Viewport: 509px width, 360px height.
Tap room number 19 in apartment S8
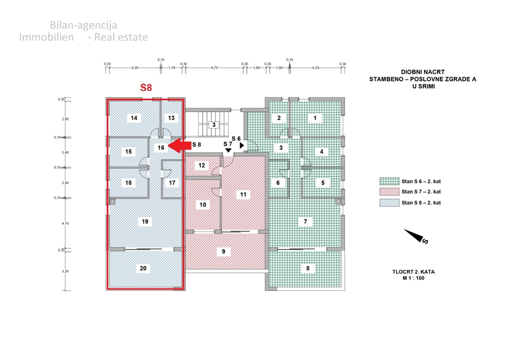[x=145, y=221]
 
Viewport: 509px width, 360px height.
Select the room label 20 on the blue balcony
[x=143, y=268]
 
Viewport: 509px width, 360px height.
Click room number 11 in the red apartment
[x=243, y=195]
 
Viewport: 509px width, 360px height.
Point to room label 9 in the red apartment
[x=223, y=251]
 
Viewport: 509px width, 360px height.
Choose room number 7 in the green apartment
[x=305, y=221]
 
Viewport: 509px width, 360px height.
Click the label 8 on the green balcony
[x=308, y=268]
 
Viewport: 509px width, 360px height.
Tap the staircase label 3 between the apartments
[x=214, y=125]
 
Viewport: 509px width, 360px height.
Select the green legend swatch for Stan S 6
[x=389, y=181]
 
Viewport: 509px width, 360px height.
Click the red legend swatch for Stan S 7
[x=389, y=192]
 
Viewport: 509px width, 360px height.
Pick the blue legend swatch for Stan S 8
[x=389, y=203]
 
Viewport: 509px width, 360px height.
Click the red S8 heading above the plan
[x=146, y=88]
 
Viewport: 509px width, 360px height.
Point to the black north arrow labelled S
[x=415, y=236]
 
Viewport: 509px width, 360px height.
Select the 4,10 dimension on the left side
[x=65, y=223]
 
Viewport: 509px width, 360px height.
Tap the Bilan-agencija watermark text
[x=83, y=25]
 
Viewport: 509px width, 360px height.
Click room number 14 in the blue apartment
[x=134, y=118]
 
